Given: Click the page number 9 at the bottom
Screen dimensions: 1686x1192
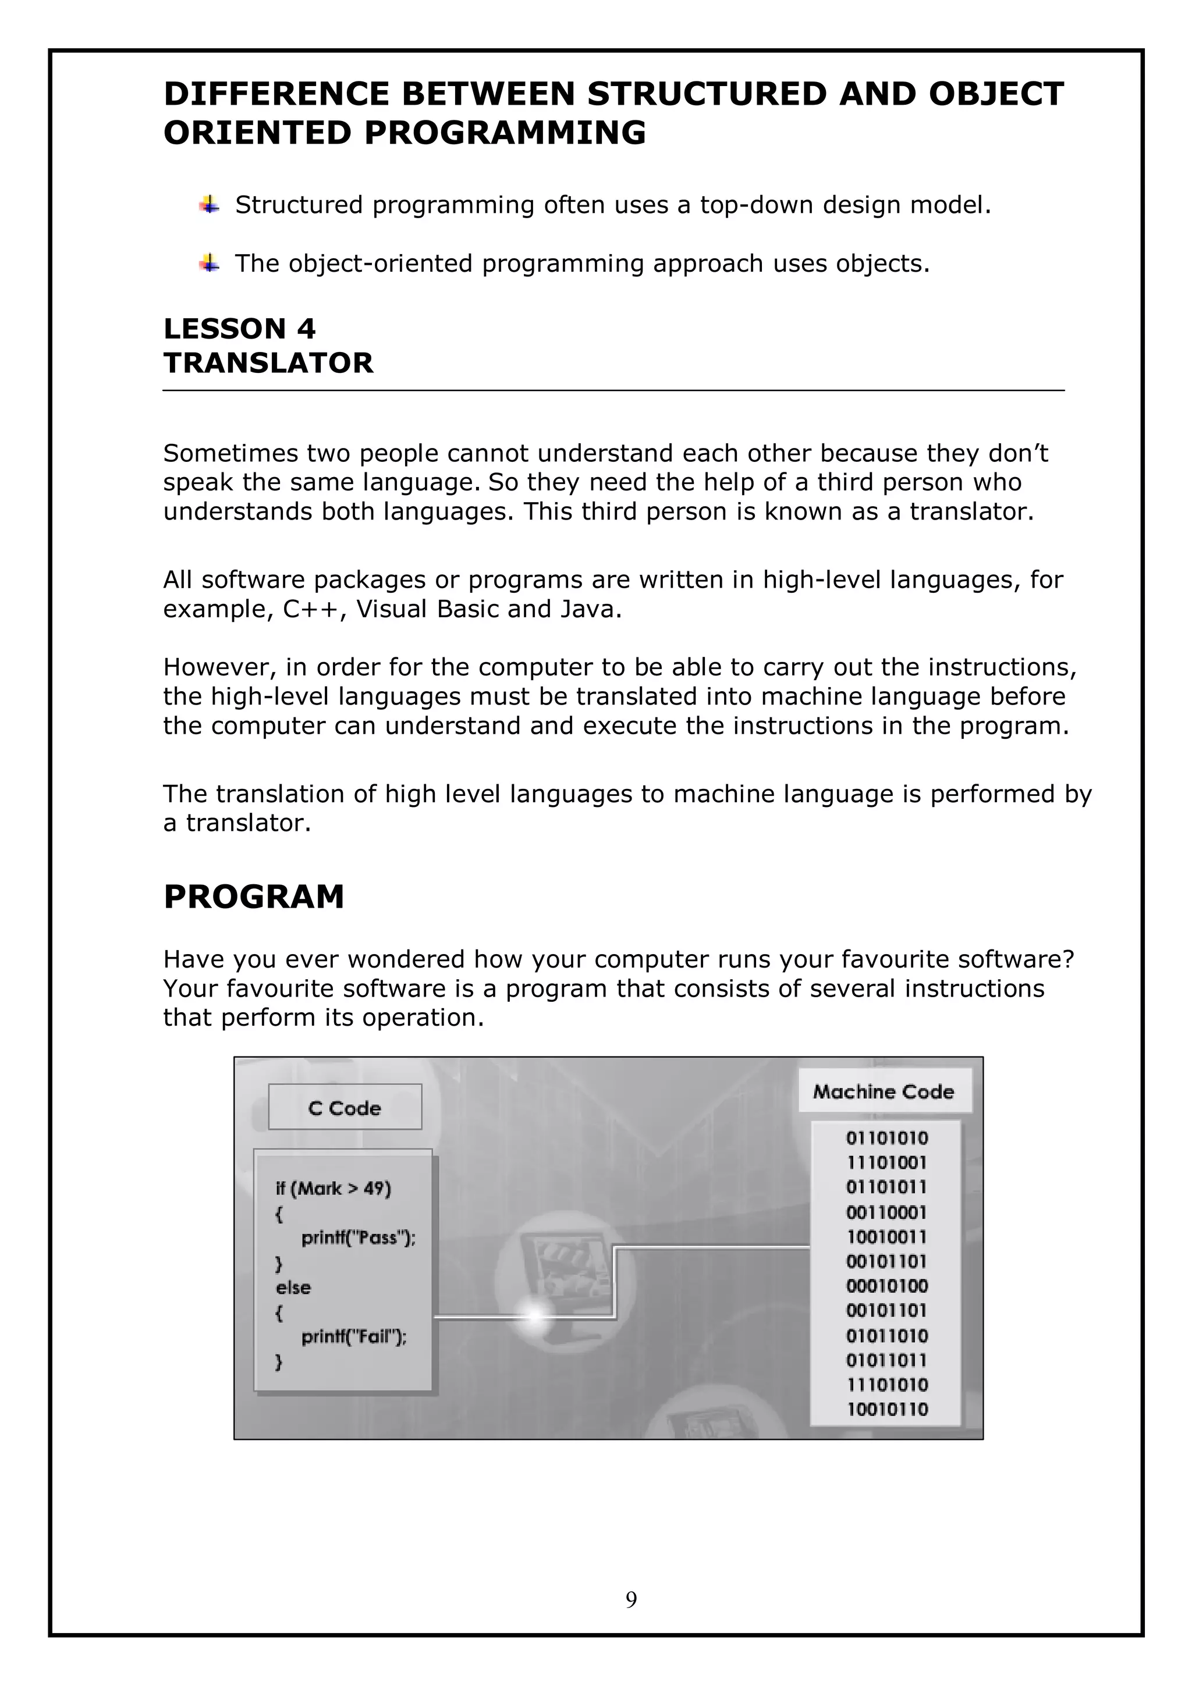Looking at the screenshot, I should [x=631, y=1619].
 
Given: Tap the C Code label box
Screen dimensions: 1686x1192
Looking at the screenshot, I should [x=345, y=1107].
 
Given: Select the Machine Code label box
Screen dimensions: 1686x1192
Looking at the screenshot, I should [x=884, y=1092].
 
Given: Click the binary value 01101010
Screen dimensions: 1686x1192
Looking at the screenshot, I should [x=886, y=1138].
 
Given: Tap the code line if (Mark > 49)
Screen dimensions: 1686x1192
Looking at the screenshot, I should [x=334, y=1188].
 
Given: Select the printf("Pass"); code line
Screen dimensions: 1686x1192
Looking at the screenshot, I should [x=358, y=1238].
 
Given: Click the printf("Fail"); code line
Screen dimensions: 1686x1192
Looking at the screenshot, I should [x=354, y=1336].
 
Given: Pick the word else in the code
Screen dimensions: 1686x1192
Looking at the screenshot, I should [x=293, y=1287].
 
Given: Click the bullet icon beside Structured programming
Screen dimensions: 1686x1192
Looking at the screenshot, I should [x=210, y=205].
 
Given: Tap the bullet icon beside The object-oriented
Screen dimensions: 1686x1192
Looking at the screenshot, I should [x=210, y=263].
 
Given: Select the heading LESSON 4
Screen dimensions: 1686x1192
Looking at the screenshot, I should [x=239, y=328].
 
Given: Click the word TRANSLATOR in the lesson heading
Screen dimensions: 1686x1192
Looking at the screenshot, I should [x=268, y=363].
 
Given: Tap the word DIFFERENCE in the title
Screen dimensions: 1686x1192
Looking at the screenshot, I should [x=277, y=94].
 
